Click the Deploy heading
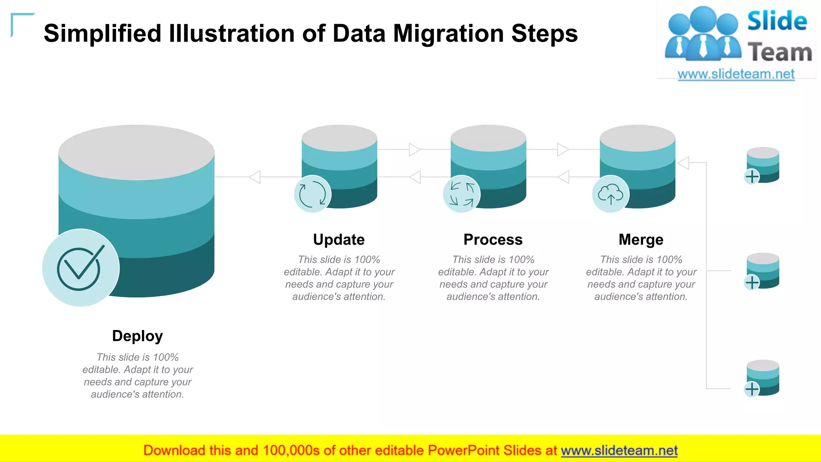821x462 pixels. pos(137,336)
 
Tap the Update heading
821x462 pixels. pos(339,240)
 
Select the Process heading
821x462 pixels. pos(493,240)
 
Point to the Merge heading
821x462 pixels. pos(641,240)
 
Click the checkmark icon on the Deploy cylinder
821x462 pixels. pos(81,268)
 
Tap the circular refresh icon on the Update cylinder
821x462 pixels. pos(313,194)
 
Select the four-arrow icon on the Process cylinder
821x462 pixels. pos(462,194)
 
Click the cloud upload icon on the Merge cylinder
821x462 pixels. pos(611,195)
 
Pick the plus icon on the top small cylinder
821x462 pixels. pos(752,176)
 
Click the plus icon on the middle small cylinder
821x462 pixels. pos(752,282)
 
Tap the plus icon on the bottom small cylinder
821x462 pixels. pos(752,389)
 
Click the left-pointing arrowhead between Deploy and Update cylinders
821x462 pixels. pos(255,177)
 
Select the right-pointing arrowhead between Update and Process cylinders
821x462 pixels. pos(415,150)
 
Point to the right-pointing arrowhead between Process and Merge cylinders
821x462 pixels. pos(563,150)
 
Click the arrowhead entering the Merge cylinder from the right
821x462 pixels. pos(683,163)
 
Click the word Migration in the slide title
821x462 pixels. pos(448,33)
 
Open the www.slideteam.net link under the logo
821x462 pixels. pos(736,74)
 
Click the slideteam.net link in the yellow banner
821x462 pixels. pos(619,451)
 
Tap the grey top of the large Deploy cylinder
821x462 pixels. pos(136,152)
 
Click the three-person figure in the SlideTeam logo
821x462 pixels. pos(702,34)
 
